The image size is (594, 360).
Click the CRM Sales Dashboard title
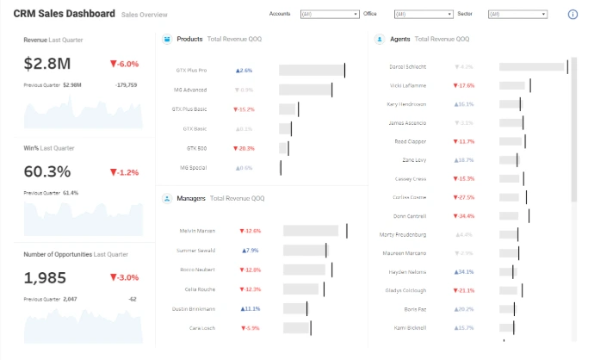(64, 14)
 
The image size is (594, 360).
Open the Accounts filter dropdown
(330, 15)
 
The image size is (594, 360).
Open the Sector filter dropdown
(517, 15)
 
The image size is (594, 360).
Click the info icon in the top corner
(573, 15)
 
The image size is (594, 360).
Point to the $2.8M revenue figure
(46, 64)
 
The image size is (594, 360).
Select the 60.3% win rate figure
(47, 171)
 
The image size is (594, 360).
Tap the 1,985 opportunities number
(45, 278)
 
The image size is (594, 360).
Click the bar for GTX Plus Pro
(311, 71)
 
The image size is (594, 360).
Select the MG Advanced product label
(190, 90)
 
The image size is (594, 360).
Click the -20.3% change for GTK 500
(243, 148)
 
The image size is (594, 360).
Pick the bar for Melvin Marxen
(314, 231)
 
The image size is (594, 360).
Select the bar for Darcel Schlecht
(531, 66)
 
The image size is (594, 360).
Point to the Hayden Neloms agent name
(409, 271)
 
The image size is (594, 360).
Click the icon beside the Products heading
(166, 39)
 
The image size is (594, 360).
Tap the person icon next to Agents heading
(380, 39)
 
